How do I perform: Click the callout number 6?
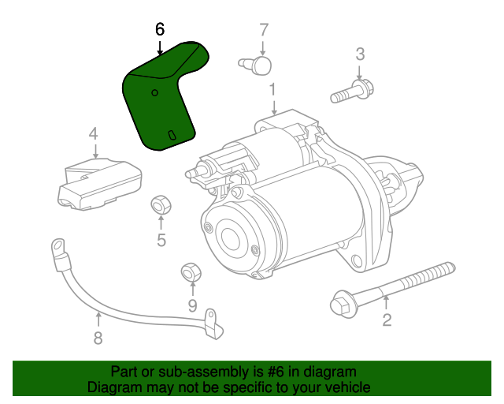click(x=160, y=29)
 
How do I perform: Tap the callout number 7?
click(x=264, y=30)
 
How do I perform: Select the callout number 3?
click(x=360, y=54)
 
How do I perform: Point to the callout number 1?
click(x=272, y=90)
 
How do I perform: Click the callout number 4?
click(x=93, y=133)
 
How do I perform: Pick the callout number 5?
click(x=161, y=240)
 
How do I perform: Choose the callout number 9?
click(x=192, y=305)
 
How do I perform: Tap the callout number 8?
click(x=98, y=339)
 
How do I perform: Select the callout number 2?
click(x=387, y=320)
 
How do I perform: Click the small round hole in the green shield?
click(x=154, y=93)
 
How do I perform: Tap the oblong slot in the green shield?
click(x=172, y=136)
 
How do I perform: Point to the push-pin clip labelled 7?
click(x=255, y=65)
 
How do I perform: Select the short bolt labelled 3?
click(x=352, y=92)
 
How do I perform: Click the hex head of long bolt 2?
click(x=341, y=304)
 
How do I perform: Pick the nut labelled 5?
click(x=161, y=205)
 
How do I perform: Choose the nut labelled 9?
click(x=191, y=272)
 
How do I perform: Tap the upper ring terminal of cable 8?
click(x=59, y=251)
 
